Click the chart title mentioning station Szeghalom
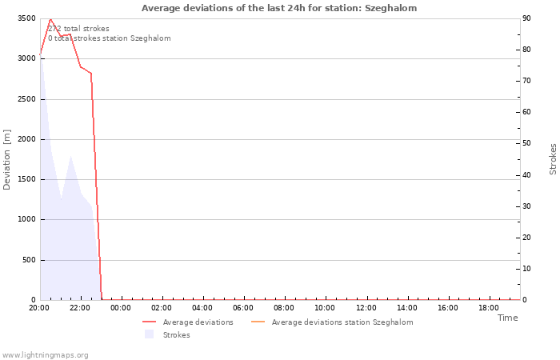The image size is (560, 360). (x=279, y=8)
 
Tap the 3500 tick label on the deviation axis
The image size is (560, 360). (x=26, y=18)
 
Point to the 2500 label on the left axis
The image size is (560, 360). (x=26, y=99)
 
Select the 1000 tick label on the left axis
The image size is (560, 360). (x=26, y=219)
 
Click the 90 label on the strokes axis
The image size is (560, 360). (x=526, y=18)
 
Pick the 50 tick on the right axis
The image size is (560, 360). (x=526, y=143)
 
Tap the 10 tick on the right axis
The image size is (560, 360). (x=526, y=269)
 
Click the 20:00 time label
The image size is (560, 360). (x=39, y=308)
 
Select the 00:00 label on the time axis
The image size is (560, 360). (x=121, y=308)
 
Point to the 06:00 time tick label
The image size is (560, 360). (x=243, y=308)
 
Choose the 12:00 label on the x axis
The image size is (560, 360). (x=366, y=308)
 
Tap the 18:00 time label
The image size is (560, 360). (x=489, y=308)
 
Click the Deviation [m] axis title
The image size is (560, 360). (x=6, y=160)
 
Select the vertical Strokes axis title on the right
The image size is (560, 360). (x=553, y=159)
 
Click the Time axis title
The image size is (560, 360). (x=507, y=318)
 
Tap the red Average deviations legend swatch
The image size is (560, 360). (x=150, y=322)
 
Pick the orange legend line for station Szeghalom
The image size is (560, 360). (x=258, y=322)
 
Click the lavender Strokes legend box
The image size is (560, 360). (x=150, y=334)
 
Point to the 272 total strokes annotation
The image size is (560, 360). (x=78, y=29)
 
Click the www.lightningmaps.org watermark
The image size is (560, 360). (x=45, y=355)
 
